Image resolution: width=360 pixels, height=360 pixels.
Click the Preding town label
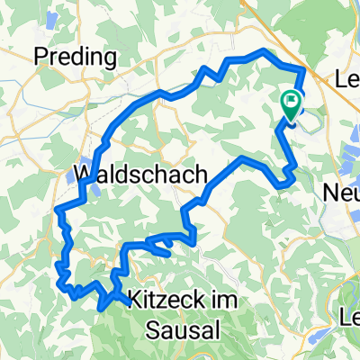(76, 58)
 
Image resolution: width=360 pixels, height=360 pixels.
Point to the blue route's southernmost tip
(101, 306)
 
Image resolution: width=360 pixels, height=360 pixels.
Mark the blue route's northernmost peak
(264, 51)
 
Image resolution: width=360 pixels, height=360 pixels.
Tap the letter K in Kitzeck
(132, 296)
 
